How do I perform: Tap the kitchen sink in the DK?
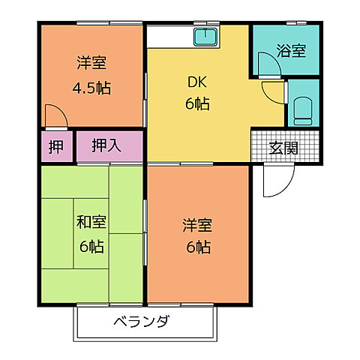[204, 37]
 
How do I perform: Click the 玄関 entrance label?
[283, 147]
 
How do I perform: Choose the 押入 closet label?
[106, 145]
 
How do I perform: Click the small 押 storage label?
[55, 146]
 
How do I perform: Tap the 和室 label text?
[91, 223]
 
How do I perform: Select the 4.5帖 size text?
[91, 88]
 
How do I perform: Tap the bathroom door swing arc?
[268, 64]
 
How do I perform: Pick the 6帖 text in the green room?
[91, 245]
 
